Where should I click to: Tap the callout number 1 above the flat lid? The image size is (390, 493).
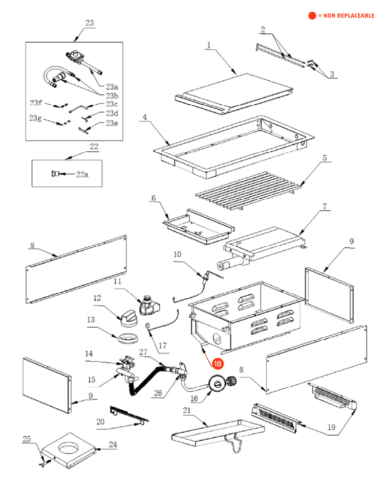pyautogui.click(x=208, y=45)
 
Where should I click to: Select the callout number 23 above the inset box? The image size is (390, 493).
pyautogui.click(x=89, y=23)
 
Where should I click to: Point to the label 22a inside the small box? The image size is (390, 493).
pyautogui.click(x=82, y=174)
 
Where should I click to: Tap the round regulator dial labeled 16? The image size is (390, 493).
pyautogui.click(x=215, y=384)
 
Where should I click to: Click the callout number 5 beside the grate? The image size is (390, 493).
pyautogui.click(x=324, y=158)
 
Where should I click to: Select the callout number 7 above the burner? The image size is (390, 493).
pyautogui.click(x=324, y=206)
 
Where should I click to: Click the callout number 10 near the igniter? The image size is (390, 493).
pyautogui.click(x=177, y=254)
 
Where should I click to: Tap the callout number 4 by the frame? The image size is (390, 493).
pyautogui.click(x=145, y=117)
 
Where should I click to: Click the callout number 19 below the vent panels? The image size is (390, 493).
pyautogui.click(x=332, y=427)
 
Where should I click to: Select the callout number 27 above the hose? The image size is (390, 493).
pyautogui.click(x=143, y=352)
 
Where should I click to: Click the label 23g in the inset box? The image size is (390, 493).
pyautogui.click(x=35, y=118)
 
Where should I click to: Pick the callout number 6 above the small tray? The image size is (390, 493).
pyautogui.click(x=153, y=198)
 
